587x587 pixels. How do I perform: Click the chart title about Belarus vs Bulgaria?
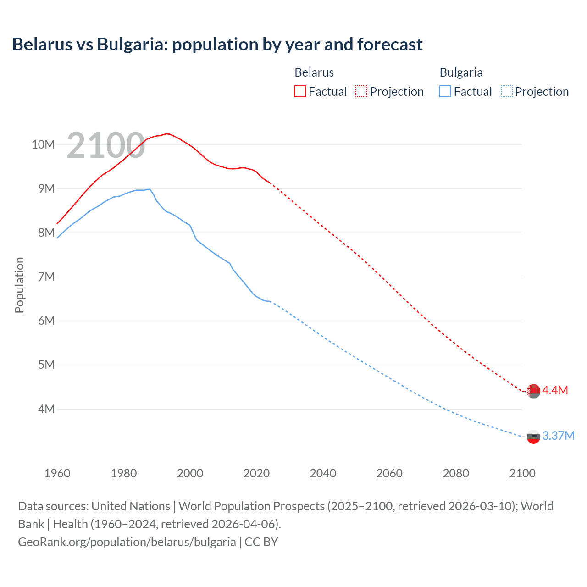[x=217, y=44]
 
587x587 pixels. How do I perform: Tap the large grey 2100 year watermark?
[x=106, y=146]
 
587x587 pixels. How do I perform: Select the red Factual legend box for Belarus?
[x=300, y=91]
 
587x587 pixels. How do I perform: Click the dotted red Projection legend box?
[x=361, y=91]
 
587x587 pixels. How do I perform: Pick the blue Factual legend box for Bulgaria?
[x=445, y=91]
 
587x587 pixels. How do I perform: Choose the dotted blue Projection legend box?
[x=506, y=91]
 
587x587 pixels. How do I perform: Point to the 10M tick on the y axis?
[x=43, y=145]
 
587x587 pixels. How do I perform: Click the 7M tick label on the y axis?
[x=46, y=277]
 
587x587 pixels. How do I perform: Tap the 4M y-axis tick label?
[x=46, y=409]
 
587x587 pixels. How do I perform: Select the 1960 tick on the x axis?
[x=57, y=473]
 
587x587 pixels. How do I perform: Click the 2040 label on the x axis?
[x=323, y=473]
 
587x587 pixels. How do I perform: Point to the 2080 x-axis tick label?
[x=456, y=473]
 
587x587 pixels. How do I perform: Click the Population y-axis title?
[x=19, y=285]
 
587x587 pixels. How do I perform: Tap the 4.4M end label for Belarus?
[x=555, y=390]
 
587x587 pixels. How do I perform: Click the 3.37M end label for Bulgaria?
[x=558, y=436]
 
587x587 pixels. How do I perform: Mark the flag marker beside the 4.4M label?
[x=533, y=391]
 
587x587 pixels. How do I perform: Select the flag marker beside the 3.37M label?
[x=533, y=437]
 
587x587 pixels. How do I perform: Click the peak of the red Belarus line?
[x=167, y=133]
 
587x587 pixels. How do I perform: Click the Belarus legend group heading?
[x=314, y=72]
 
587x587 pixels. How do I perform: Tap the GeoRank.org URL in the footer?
[x=127, y=542]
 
